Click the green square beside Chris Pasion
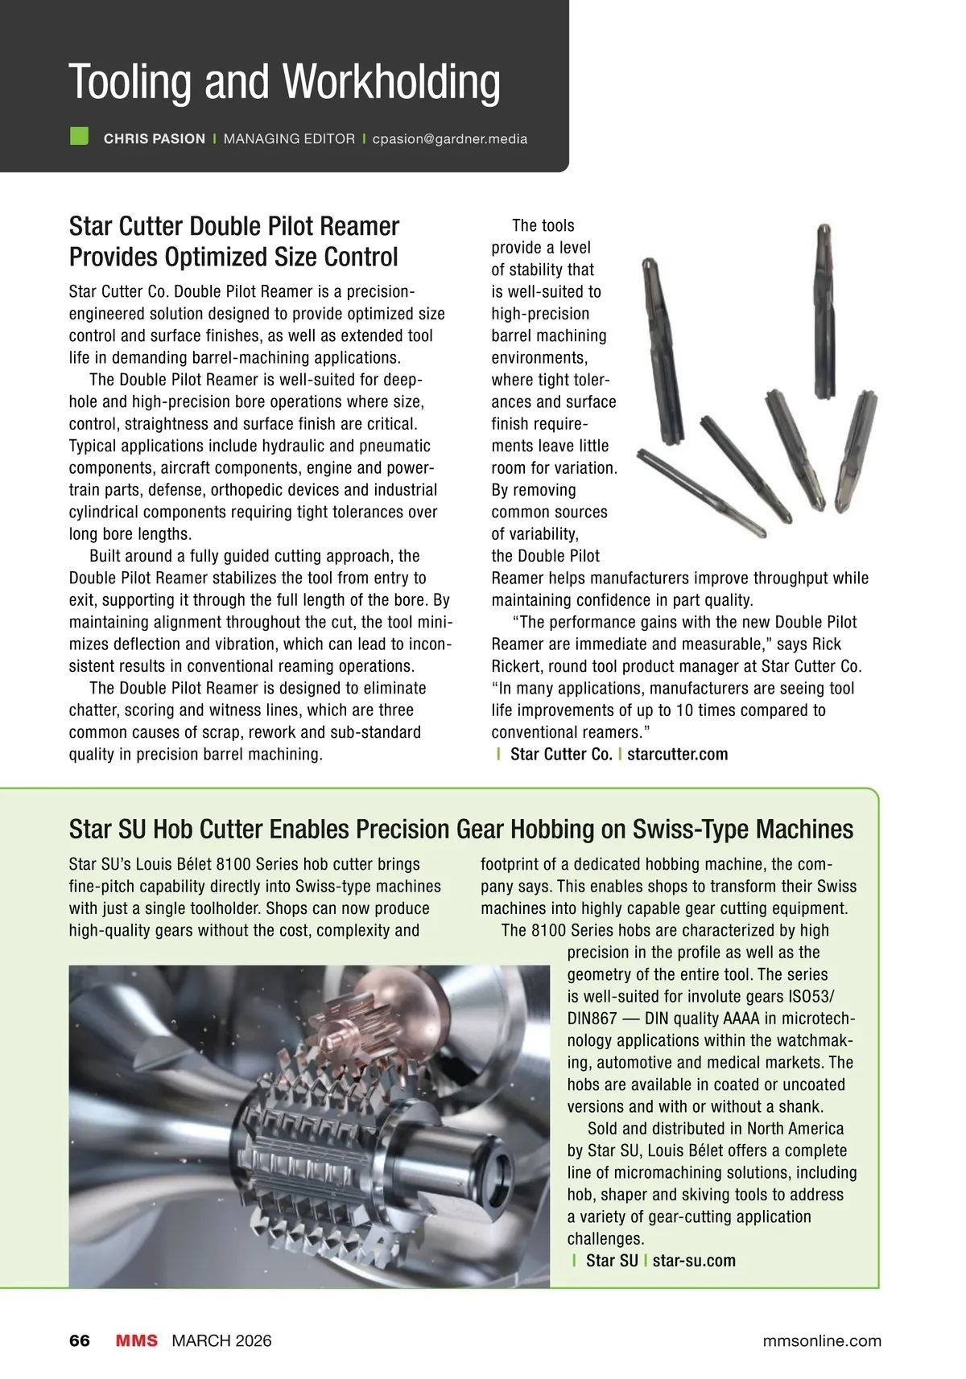pyautogui.click(x=79, y=136)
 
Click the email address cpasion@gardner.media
pyautogui.click(x=450, y=138)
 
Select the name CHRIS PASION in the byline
pyautogui.click(x=155, y=138)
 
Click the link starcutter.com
pyautogui.click(x=677, y=754)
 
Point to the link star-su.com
pyautogui.click(x=694, y=1261)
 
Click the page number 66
pyautogui.click(x=80, y=1340)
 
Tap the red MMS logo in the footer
pyautogui.click(x=137, y=1340)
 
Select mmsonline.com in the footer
pyautogui.click(x=821, y=1340)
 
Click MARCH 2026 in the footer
pyautogui.click(x=221, y=1340)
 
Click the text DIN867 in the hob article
pyautogui.click(x=592, y=1019)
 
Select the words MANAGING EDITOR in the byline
pyautogui.click(x=289, y=138)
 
